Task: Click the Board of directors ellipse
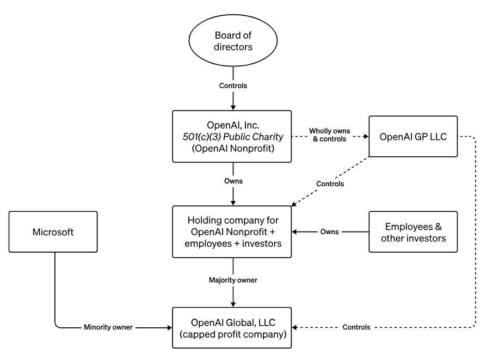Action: (233, 40)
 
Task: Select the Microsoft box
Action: (53, 232)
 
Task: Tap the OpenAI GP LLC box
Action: (413, 136)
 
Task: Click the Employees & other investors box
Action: (413, 232)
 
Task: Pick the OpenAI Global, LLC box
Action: (232, 327)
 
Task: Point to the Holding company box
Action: (232, 232)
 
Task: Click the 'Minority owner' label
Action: (108, 327)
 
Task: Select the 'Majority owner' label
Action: (233, 280)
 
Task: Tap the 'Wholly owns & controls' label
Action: (330, 135)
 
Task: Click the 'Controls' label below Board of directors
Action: (233, 86)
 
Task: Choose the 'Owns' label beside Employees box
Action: (330, 232)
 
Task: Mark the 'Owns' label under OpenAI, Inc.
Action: (233, 181)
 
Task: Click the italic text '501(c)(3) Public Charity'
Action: (233, 137)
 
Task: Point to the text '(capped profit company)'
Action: (233, 334)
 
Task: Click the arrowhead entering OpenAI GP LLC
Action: (366, 137)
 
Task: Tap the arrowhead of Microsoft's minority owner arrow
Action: (170, 327)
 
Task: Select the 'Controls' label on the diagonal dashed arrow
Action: (330, 184)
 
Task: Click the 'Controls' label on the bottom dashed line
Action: (356, 327)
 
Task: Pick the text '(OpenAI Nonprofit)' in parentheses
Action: (233, 148)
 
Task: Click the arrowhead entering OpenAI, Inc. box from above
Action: (233, 108)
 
